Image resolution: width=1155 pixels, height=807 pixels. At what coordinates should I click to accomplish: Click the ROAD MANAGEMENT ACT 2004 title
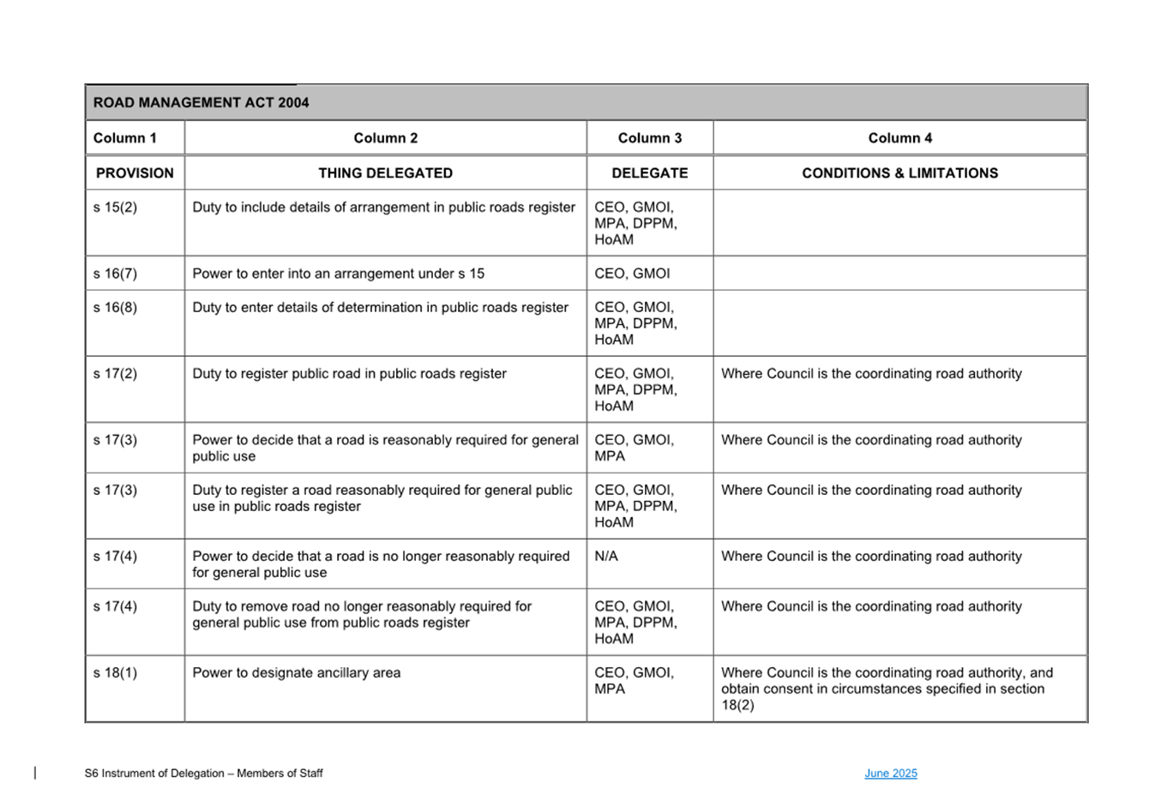point(201,103)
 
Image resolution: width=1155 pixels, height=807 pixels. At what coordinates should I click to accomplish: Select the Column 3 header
point(649,138)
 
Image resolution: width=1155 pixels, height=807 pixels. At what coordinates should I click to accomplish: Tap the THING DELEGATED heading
point(385,173)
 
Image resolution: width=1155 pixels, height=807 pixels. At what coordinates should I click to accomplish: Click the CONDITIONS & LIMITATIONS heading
point(899,173)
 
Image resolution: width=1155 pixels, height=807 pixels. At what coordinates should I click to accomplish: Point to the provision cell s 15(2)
point(115,208)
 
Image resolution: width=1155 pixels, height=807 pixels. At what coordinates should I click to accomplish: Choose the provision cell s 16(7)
point(115,274)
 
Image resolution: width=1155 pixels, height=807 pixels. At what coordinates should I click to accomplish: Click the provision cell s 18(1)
point(115,673)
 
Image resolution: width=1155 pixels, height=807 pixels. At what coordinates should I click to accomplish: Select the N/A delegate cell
point(606,557)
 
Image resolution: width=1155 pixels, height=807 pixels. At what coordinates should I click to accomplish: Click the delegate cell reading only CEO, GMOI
point(632,274)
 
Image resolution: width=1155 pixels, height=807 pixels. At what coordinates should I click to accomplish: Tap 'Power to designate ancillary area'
point(296,673)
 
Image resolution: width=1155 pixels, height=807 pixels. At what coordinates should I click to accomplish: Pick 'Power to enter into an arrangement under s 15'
point(338,274)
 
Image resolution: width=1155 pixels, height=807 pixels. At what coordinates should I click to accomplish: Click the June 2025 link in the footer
point(890,774)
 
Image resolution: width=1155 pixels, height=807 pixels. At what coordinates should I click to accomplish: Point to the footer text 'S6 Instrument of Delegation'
point(203,774)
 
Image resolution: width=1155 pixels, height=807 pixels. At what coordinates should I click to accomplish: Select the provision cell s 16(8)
point(115,308)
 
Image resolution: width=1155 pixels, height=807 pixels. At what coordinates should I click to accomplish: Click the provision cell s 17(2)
point(115,374)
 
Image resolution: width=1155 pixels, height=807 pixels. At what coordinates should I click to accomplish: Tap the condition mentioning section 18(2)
point(887,689)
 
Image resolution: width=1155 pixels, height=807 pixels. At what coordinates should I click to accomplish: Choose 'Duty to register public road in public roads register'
point(349,374)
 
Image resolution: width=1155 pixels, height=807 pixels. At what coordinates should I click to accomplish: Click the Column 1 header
point(125,138)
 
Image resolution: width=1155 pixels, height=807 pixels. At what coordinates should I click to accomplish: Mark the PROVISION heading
point(135,173)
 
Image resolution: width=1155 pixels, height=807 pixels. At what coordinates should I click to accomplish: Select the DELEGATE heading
point(649,173)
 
